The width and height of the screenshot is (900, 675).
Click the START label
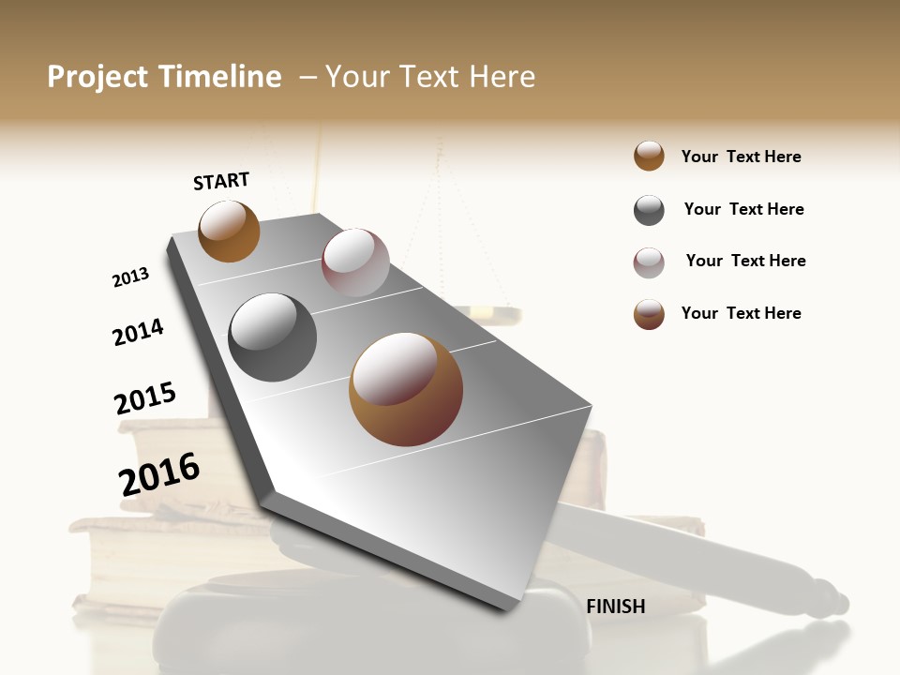tap(221, 181)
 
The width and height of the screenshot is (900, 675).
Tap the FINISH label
tap(616, 607)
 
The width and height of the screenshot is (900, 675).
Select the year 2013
tap(130, 277)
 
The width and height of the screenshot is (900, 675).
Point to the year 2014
tap(138, 332)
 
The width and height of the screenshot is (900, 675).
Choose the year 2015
tap(145, 398)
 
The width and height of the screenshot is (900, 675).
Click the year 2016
tap(159, 473)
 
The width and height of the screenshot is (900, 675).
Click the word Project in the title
tap(98, 77)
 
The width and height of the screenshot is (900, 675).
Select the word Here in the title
tap(502, 77)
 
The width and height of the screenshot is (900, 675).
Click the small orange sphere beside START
tap(229, 231)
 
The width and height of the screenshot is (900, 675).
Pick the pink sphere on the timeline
tap(355, 262)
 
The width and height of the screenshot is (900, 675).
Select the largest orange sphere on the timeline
tap(406, 389)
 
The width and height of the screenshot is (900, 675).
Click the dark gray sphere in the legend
tap(649, 210)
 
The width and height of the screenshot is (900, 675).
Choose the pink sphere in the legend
tap(649, 262)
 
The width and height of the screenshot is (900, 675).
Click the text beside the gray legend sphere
tap(743, 209)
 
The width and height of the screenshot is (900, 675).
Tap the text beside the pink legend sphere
tap(745, 261)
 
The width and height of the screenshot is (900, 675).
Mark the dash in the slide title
tap(307, 77)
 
